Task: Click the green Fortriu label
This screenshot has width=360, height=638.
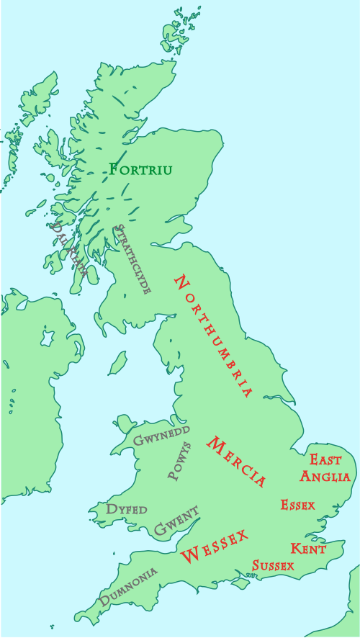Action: pyautogui.click(x=140, y=170)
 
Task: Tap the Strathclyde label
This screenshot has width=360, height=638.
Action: pyautogui.click(x=133, y=259)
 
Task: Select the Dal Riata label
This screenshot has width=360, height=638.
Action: pyautogui.click(x=69, y=249)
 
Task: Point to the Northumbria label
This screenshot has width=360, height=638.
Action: pyautogui.click(x=214, y=336)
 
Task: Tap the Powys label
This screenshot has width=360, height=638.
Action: pyautogui.click(x=179, y=462)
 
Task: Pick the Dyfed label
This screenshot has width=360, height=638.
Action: pyautogui.click(x=127, y=509)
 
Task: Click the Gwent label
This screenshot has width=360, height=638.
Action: pyautogui.click(x=176, y=521)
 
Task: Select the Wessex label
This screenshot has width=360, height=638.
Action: pyautogui.click(x=214, y=546)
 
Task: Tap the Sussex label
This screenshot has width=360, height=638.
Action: pyautogui.click(x=273, y=565)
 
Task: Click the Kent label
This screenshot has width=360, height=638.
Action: pyautogui.click(x=308, y=549)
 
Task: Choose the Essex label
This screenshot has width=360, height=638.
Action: pyautogui.click(x=297, y=505)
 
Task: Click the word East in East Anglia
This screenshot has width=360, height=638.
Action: pyautogui.click(x=325, y=459)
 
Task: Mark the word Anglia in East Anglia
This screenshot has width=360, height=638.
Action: pyautogui.click(x=325, y=476)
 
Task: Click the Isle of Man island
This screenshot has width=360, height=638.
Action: pyautogui.click(x=117, y=364)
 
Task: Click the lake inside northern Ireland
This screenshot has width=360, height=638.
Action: pyautogui.click(x=48, y=337)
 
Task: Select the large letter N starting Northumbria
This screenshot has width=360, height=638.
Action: pyautogui.click(x=182, y=282)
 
